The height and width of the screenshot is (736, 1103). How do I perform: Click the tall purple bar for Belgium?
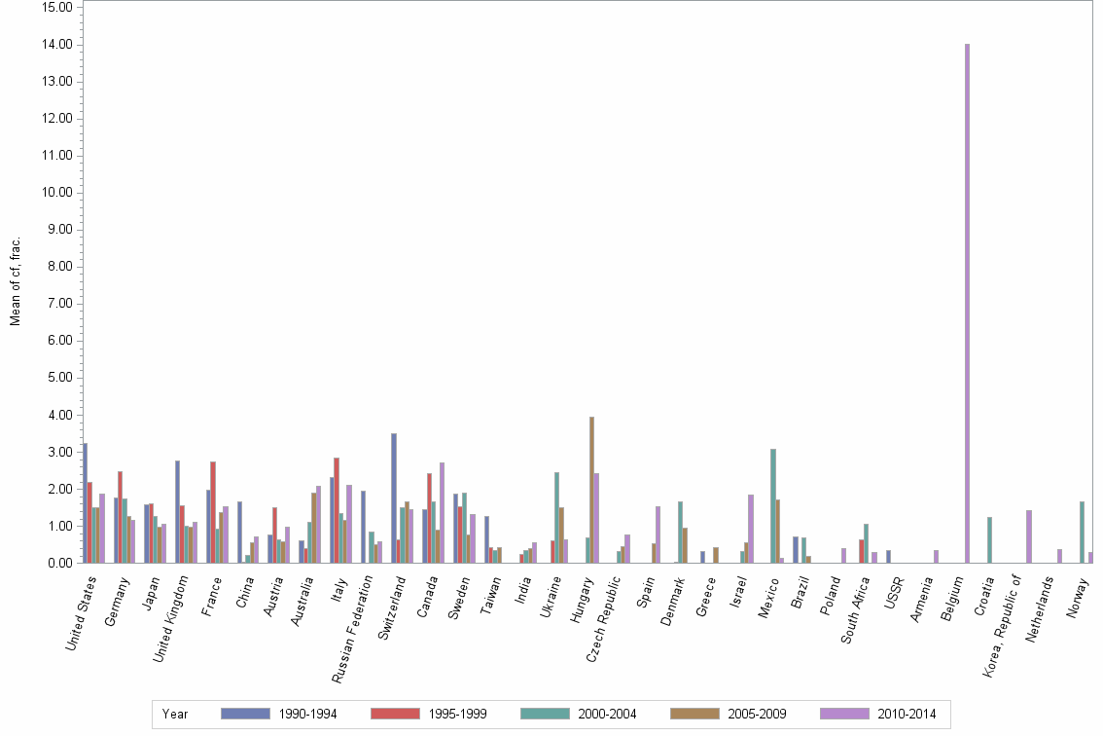967,303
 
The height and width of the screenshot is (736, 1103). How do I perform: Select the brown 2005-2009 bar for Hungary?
591,490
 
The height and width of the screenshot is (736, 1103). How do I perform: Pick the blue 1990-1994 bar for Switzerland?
394,497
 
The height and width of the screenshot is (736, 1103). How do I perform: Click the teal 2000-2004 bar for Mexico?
773,505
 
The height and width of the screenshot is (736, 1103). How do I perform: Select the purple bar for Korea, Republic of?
1029,536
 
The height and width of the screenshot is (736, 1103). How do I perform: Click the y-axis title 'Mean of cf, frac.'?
15,280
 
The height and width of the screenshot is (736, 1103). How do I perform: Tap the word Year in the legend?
176,715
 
